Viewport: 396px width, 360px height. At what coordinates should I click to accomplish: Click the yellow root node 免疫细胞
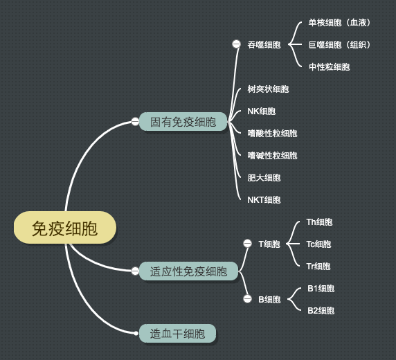(65, 228)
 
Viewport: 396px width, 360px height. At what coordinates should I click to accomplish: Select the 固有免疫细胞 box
(183, 122)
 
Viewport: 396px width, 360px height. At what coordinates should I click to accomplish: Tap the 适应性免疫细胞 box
(188, 271)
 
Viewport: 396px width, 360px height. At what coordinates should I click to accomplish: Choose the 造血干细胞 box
(177, 334)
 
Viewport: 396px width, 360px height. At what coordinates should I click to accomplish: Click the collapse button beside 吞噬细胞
(236, 44)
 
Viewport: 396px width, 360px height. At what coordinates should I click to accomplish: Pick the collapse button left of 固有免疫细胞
(135, 122)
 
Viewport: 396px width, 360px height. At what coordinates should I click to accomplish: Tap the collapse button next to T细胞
(248, 244)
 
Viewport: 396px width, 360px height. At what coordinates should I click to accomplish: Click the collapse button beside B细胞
(248, 299)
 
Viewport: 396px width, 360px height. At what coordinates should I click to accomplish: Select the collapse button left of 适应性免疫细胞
(135, 271)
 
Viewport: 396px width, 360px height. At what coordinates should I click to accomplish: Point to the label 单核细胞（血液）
(339, 22)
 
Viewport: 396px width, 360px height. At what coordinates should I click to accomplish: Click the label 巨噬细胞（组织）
(339, 45)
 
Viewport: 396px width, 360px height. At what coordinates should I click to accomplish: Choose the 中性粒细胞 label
(329, 67)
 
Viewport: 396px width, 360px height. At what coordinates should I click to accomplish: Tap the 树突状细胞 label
(268, 89)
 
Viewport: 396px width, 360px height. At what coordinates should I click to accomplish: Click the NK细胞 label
(262, 111)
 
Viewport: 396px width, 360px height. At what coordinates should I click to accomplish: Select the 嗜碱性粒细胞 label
(272, 155)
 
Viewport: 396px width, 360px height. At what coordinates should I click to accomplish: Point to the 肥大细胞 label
(264, 178)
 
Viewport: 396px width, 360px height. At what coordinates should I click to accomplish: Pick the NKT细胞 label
(264, 200)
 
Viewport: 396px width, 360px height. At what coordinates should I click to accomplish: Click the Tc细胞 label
(318, 244)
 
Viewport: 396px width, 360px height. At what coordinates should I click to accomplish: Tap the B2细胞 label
(321, 310)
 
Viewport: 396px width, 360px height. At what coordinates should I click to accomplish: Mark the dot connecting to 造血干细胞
(136, 334)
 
